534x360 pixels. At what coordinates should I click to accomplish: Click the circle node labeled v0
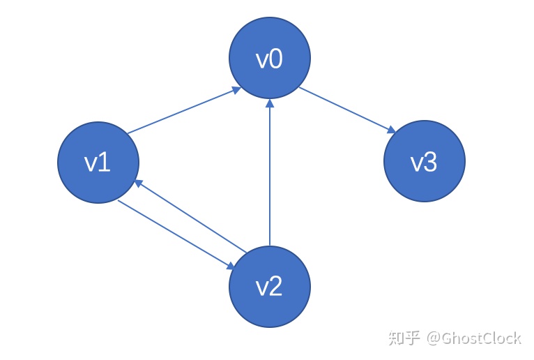coord(269,59)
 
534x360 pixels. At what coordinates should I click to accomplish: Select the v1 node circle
coord(98,162)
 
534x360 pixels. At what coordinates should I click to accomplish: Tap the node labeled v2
coord(269,287)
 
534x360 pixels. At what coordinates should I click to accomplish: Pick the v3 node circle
coord(424,162)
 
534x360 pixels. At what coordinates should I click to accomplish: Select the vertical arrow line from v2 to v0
coord(269,174)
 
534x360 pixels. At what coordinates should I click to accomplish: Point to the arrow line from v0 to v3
coord(345,109)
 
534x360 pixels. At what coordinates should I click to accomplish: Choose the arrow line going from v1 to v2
coord(174,234)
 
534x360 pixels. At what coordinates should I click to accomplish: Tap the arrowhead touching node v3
coord(391,130)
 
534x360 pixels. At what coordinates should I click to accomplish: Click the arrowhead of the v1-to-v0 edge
coord(236,90)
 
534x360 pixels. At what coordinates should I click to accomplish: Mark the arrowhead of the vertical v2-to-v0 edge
coord(269,103)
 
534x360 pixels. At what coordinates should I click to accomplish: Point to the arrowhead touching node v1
coord(139,183)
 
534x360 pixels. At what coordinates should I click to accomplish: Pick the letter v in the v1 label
coord(91,163)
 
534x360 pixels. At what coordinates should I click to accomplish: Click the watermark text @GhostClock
coord(474,338)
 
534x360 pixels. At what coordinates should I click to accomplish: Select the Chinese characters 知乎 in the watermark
coord(404,338)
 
